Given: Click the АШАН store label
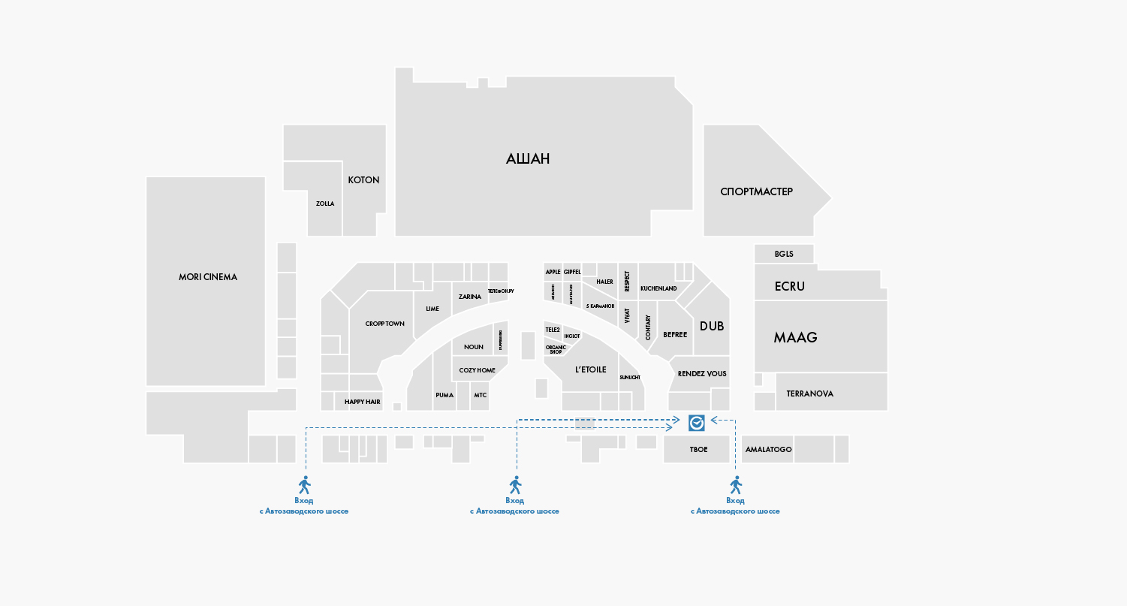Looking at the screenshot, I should click(x=528, y=158).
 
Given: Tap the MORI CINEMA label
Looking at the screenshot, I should click(x=208, y=277).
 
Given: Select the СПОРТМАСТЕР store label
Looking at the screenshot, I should click(x=756, y=191).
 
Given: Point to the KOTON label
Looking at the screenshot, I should click(x=363, y=180).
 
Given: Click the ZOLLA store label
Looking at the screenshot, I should click(x=325, y=204).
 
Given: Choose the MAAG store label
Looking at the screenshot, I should click(x=795, y=337).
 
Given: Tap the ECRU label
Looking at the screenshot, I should click(x=789, y=286).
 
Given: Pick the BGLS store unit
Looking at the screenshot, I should click(x=784, y=254).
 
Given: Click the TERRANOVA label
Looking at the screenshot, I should click(x=809, y=393).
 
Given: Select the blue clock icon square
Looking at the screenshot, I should click(x=696, y=423).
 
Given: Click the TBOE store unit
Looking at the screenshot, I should click(x=698, y=449).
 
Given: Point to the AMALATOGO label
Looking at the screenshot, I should click(x=768, y=450).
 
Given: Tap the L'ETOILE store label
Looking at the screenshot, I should click(x=590, y=369).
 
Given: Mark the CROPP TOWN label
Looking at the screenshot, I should click(x=385, y=324).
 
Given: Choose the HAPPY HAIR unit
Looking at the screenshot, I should click(x=363, y=402).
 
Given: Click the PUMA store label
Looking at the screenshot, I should click(x=444, y=395).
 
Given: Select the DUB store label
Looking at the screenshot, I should click(x=712, y=326).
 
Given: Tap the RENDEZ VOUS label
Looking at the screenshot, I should click(x=702, y=373).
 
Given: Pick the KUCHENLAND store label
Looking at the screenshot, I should click(x=658, y=288).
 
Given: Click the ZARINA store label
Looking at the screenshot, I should click(x=470, y=297).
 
